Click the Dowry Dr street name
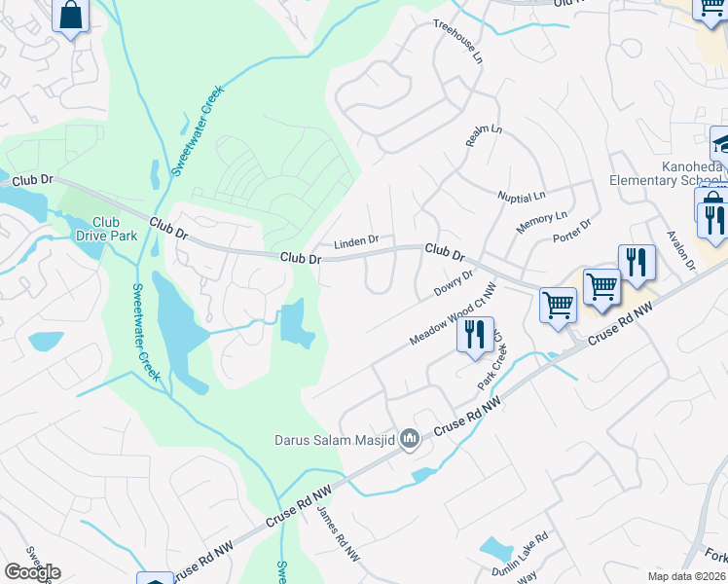[x=453, y=285]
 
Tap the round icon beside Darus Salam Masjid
[x=410, y=440]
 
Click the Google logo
[x=32, y=571]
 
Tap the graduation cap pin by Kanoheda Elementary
[x=721, y=144]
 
